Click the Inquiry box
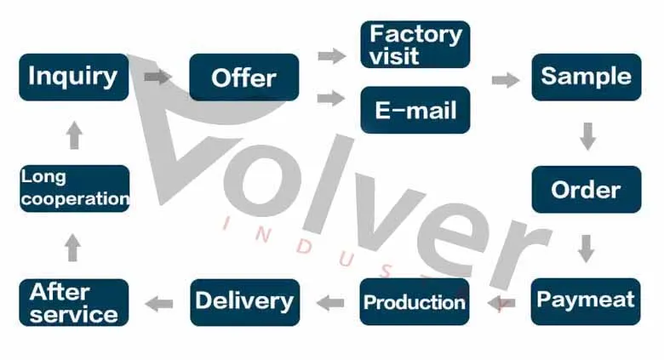click(74, 77)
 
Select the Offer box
click(244, 77)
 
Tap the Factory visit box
click(415, 44)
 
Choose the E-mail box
click(415, 110)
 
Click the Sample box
click(587, 77)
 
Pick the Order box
click(587, 189)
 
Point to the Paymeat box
click(586, 300)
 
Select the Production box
click(415, 301)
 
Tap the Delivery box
click(244, 301)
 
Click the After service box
click(74, 302)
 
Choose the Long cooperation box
click(74, 189)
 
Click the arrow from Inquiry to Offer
click(157, 77)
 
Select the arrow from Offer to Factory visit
click(331, 56)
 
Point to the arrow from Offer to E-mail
click(331, 99)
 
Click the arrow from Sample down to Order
click(587, 135)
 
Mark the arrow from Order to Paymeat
click(586, 248)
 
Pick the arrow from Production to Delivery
click(330, 302)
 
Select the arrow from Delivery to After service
click(159, 303)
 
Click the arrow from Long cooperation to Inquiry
click(74, 134)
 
